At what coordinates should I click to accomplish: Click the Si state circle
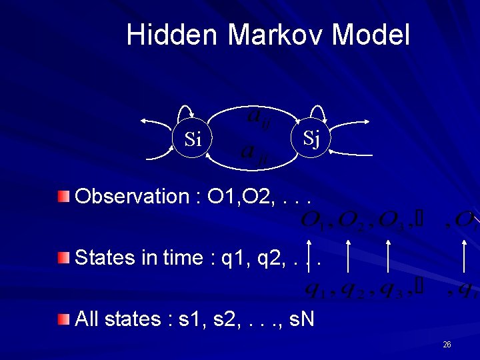(193, 139)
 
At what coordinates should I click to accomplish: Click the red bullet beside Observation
(63, 196)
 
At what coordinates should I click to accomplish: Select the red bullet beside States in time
(63, 257)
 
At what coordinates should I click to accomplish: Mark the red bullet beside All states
(63, 319)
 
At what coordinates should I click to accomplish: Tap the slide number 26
(447, 344)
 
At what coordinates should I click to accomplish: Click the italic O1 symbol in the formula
(313, 220)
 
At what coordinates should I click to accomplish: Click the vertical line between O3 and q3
(387, 256)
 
